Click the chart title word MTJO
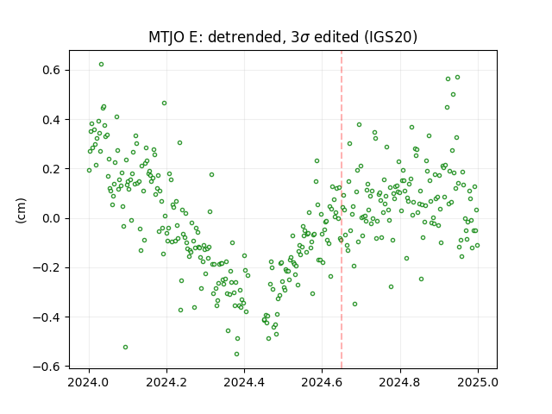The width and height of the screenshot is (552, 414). pos(166,37)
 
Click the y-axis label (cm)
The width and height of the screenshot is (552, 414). pos(21,210)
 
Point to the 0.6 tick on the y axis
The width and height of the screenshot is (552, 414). pos(52,71)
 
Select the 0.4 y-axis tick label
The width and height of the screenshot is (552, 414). pos(52,120)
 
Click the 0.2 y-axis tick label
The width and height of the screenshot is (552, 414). pos(52,169)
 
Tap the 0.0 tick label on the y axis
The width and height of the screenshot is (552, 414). pos(52,218)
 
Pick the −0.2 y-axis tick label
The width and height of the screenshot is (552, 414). pos(47,268)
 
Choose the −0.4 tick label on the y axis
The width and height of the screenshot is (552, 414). pos(47,317)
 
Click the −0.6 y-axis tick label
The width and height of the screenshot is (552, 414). pos(47,367)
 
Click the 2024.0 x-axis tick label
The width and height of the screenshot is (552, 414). pos(89,382)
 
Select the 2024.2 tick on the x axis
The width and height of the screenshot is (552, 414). pos(166,382)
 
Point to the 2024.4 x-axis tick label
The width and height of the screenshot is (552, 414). pos(244,382)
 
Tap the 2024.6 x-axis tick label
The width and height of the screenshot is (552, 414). pos(322,382)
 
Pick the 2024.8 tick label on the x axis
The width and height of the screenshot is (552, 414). pos(400,382)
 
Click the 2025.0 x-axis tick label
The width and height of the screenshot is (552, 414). pos(478,382)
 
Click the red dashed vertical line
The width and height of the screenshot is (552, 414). pos(342,210)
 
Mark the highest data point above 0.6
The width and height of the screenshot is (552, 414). pos(102,65)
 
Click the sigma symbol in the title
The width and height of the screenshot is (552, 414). pos(305,38)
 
